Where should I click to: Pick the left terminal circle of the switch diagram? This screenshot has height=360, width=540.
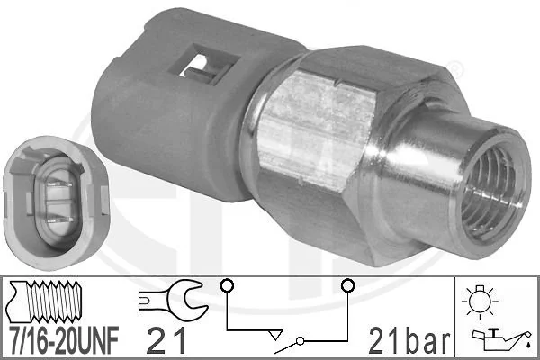click(x=226, y=287)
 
